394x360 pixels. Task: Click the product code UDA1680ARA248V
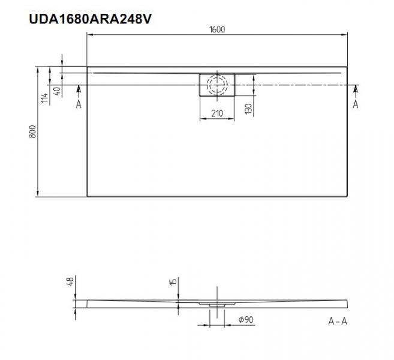pyautogui.click(x=90, y=19)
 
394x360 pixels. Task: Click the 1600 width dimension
pyautogui.click(x=217, y=29)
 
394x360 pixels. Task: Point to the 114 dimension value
pyautogui.click(x=44, y=98)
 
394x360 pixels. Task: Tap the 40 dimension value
pyautogui.click(x=58, y=91)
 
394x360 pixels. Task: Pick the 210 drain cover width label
pyautogui.click(x=217, y=113)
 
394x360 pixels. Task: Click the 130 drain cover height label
pyautogui.click(x=248, y=109)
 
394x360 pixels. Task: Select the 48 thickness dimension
pyautogui.click(x=71, y=281)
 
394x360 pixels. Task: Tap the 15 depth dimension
pyautogui.click(x=173, y=281)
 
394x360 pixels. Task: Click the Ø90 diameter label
pyautogui.click(x=246, y=320)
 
